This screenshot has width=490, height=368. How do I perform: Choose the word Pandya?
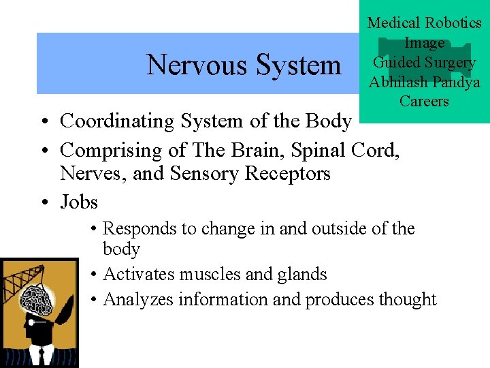point(457,82)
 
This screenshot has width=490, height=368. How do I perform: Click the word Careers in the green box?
point(424,102)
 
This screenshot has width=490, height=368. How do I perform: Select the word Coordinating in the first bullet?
point(119,121)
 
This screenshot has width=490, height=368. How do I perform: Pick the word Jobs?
point(79,202)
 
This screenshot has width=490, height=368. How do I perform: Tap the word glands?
point(301,275)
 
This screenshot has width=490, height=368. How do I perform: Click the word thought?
point(404,300)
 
